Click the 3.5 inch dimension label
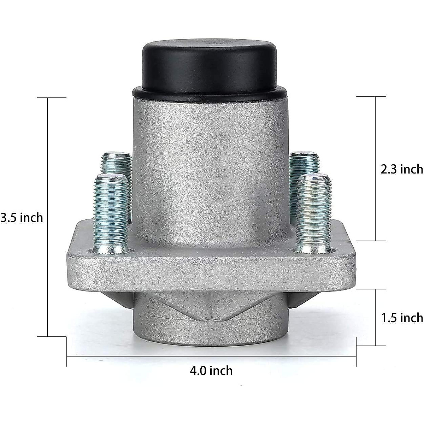[22, 217]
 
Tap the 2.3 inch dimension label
[401, 169]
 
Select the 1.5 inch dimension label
[402, 318]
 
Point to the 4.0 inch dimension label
[211, 371]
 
